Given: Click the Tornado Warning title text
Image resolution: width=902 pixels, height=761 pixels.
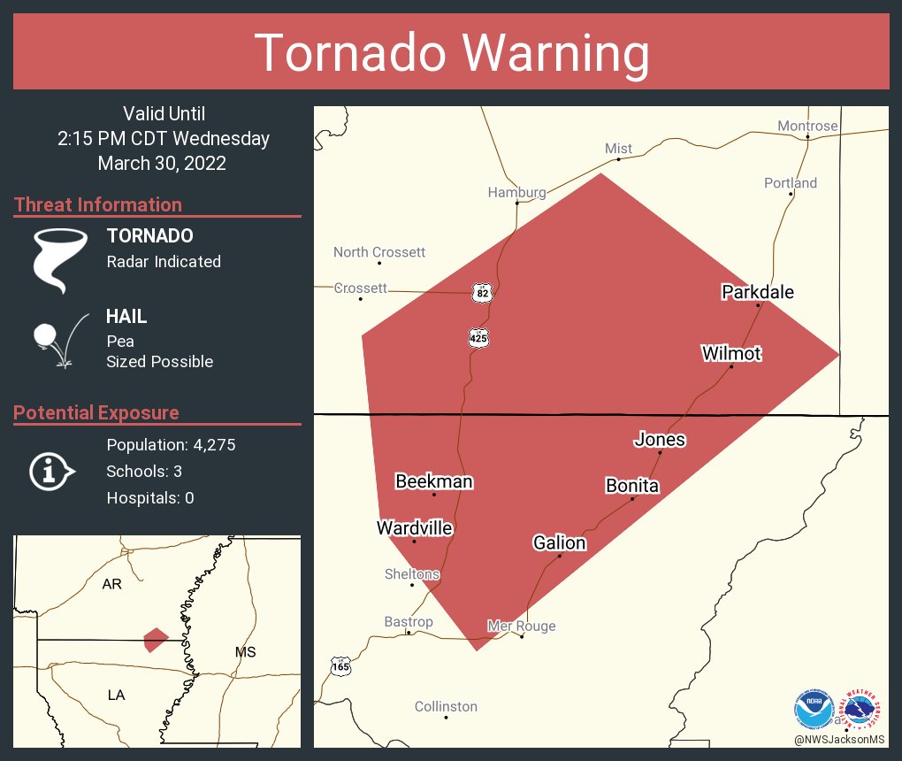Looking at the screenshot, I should (x=451, y=52).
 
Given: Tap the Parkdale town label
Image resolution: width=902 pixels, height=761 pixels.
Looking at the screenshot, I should (x=757, y=292).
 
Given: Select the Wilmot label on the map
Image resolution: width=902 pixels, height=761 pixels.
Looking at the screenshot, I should (x=731, y=354).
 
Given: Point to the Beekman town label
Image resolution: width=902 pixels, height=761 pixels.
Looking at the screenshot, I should (x=433, y=482).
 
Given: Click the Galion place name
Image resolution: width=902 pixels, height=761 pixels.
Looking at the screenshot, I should (x=559, y=542).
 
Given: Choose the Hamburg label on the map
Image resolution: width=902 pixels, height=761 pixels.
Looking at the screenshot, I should (x=516, y=192).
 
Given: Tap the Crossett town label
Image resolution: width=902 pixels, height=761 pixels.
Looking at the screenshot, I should (x=361, y=288).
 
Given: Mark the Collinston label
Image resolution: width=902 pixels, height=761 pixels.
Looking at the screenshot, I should (x=446, y=706).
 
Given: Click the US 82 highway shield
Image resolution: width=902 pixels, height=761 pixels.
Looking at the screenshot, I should (x=480, y=293).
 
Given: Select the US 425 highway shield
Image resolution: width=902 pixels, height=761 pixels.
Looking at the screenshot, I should (x=478, y=337).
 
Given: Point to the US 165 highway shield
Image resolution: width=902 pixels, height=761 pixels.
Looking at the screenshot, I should (x=340, y=666).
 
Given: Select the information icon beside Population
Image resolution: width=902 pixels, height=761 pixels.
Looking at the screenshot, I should (x=50, y=471).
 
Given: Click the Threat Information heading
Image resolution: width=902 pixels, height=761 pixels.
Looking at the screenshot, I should (x=97, y=204).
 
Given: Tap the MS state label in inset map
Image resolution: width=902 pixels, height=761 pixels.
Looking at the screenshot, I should (x=245, y=652).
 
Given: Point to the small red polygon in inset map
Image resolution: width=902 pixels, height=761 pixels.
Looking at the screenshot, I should (x=156, y=639).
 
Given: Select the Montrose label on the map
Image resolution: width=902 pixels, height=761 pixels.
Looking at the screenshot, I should (x=806, y=127).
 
